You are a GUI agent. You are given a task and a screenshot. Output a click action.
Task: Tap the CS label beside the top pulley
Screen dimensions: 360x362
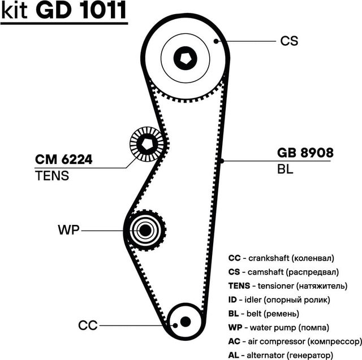[288, 41]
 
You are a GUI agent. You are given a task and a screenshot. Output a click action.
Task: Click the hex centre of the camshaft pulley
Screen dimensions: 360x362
[185, 57]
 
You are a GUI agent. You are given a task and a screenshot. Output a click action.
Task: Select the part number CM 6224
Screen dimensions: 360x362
[63, 160]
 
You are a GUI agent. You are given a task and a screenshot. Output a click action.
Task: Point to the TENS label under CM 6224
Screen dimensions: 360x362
[51, 176]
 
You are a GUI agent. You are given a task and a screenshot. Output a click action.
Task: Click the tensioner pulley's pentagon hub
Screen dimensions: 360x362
[147, 144]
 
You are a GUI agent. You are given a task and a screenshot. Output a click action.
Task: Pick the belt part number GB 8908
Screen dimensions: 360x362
[305, 153]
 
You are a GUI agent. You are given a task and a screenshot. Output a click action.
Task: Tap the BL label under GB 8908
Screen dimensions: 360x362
[286, 169]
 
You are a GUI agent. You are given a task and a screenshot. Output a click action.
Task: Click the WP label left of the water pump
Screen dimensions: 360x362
[69, 230]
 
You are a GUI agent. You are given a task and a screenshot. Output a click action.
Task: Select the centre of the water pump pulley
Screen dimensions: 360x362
[145, 230]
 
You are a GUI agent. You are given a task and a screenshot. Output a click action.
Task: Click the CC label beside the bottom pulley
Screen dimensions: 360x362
[88, 325]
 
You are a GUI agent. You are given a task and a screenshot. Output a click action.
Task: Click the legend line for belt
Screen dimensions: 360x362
[271, 313]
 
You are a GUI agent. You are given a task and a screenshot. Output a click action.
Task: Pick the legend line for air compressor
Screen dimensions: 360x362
[294, 341]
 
